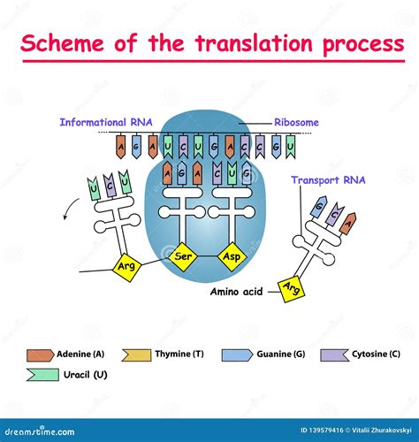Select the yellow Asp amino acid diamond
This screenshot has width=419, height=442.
(230, 256)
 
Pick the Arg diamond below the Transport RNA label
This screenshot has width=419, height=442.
(287, 286)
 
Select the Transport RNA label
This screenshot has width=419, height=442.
(328, 179)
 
